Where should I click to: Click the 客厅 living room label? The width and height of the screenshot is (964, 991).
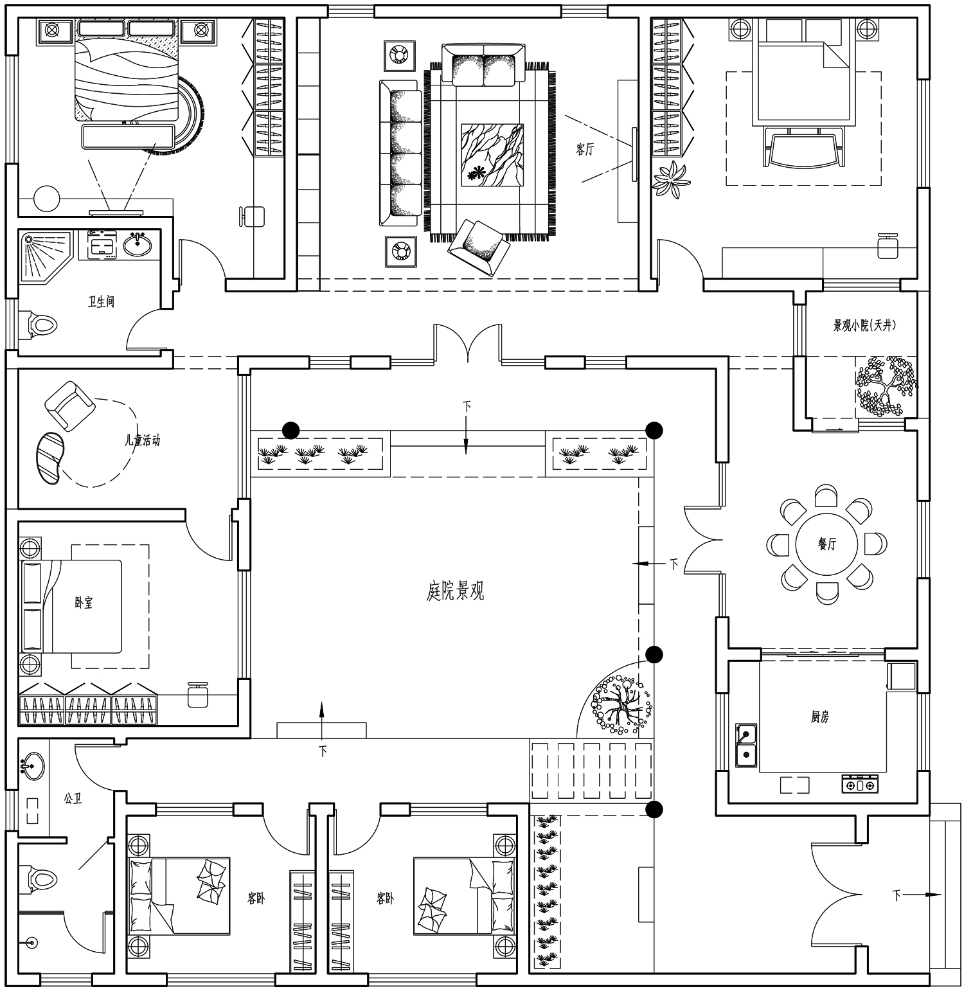tap(585, 150)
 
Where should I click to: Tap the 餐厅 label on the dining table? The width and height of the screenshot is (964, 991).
tap(827, 544)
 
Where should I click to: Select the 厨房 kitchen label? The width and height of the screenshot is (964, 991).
tap(820, 717)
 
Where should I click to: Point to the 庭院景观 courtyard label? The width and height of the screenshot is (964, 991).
tap(455, 591)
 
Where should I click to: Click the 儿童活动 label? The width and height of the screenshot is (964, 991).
tap(142, 441)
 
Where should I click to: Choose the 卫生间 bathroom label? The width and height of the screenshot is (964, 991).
tap(101, 301)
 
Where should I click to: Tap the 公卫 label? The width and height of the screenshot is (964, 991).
tap(73, 799)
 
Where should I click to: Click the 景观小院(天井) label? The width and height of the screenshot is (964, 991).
tap(864, 325)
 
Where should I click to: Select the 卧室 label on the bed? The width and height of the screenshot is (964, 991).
tap(84, 603)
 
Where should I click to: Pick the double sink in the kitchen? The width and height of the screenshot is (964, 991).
tap(746, 745)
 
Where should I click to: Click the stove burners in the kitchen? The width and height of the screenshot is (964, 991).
tap(860, 784)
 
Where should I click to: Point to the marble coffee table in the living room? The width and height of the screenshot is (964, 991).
tap(492, 155)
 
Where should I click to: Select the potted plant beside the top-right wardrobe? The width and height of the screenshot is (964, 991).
tap(671, 179)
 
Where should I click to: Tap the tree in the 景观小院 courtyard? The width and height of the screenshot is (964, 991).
tap(886, 386)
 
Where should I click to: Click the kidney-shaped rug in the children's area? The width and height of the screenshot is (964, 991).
tap(49, 457)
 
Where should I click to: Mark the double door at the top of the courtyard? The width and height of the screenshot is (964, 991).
tap(467, 344)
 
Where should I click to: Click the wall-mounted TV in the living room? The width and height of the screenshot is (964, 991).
tap(634, 154)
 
